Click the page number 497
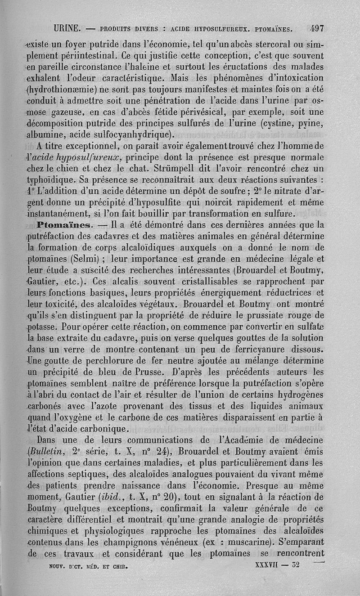(317, 28)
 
